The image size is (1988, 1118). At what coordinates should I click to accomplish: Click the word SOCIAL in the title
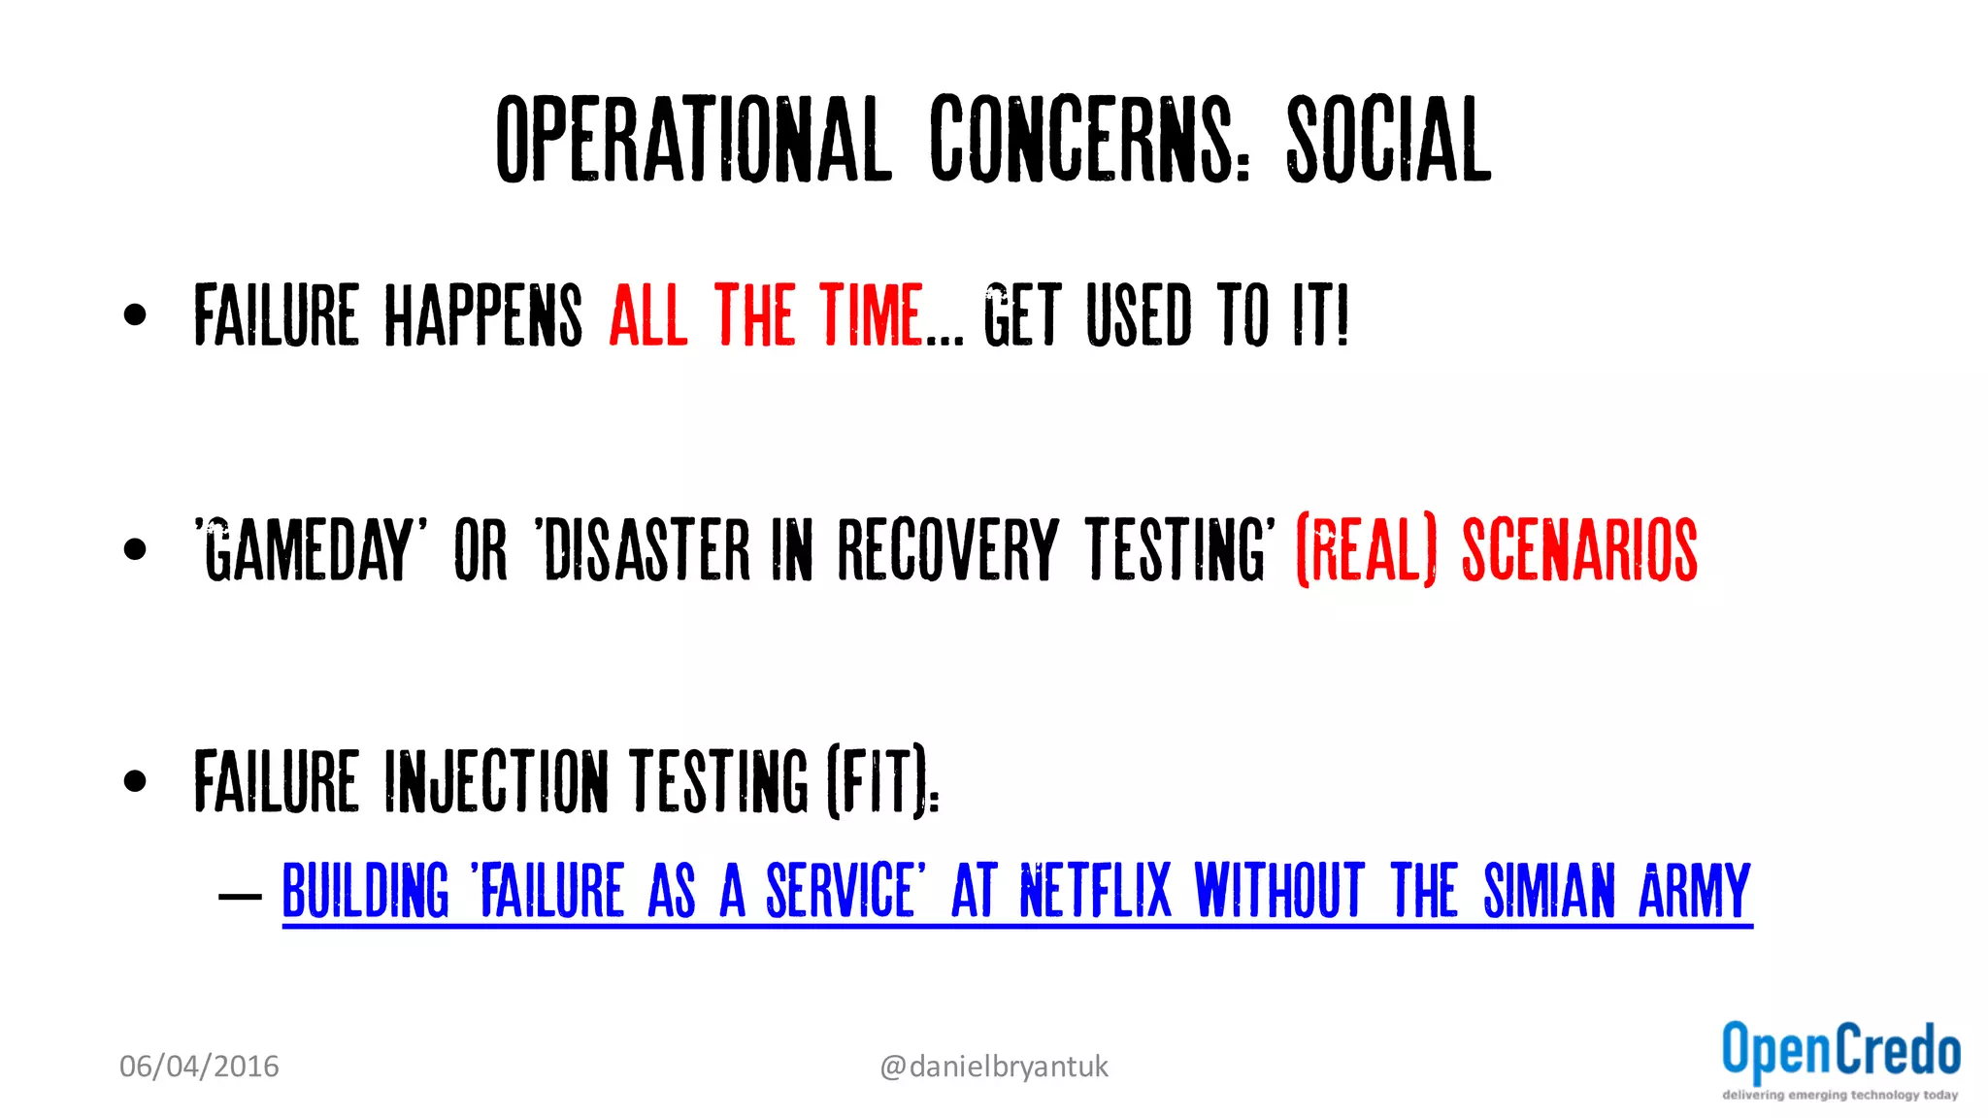coord(1388,141)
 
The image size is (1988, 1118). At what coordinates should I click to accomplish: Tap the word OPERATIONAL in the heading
coord(693,141)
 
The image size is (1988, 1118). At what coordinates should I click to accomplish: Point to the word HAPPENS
coord(483,314)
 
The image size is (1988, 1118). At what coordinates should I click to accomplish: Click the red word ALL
coord(648,314)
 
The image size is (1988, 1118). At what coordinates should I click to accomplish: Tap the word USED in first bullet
coord(1139,314)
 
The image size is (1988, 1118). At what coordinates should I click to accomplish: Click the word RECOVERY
coord(947,549)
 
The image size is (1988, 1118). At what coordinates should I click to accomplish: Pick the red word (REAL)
coord(1366,549)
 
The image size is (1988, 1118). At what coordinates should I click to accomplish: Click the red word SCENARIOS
coord(1579,549)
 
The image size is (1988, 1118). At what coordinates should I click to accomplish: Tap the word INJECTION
coord(496,780)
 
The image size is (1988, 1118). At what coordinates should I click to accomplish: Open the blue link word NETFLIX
coord(1096,890)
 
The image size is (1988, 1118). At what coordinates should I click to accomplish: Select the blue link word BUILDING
coord(366,890)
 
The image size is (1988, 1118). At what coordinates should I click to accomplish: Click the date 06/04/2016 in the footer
coord(199,1067)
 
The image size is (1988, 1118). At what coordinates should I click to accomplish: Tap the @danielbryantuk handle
coord(993,1067)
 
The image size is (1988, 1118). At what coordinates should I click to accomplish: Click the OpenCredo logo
coord(1840,1060)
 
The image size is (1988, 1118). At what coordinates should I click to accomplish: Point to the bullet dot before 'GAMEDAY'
coord(135,549)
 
